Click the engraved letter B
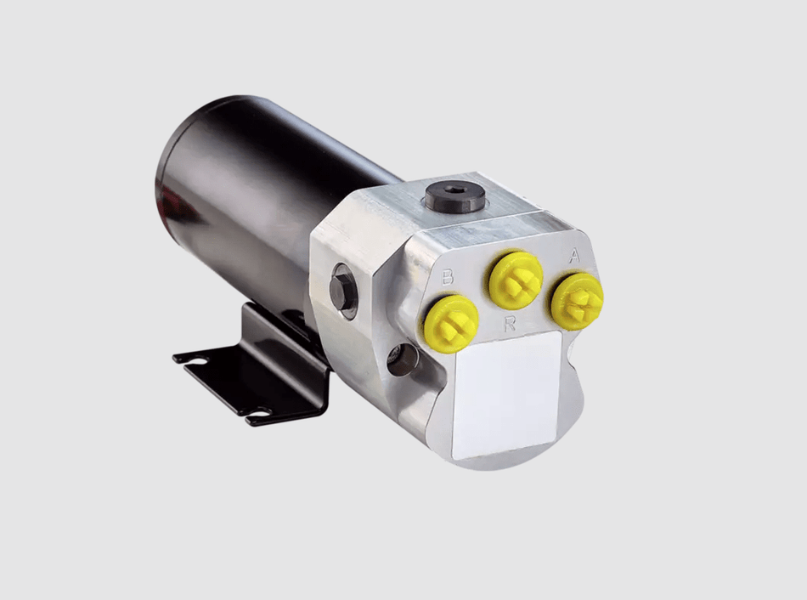[448, 277]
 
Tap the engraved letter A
[574, 256]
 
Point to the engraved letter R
[510, 324]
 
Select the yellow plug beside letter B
[451, 324]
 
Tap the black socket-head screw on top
[455, 196]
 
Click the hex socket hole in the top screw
[455, 190]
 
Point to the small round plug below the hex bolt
[403, 359]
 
